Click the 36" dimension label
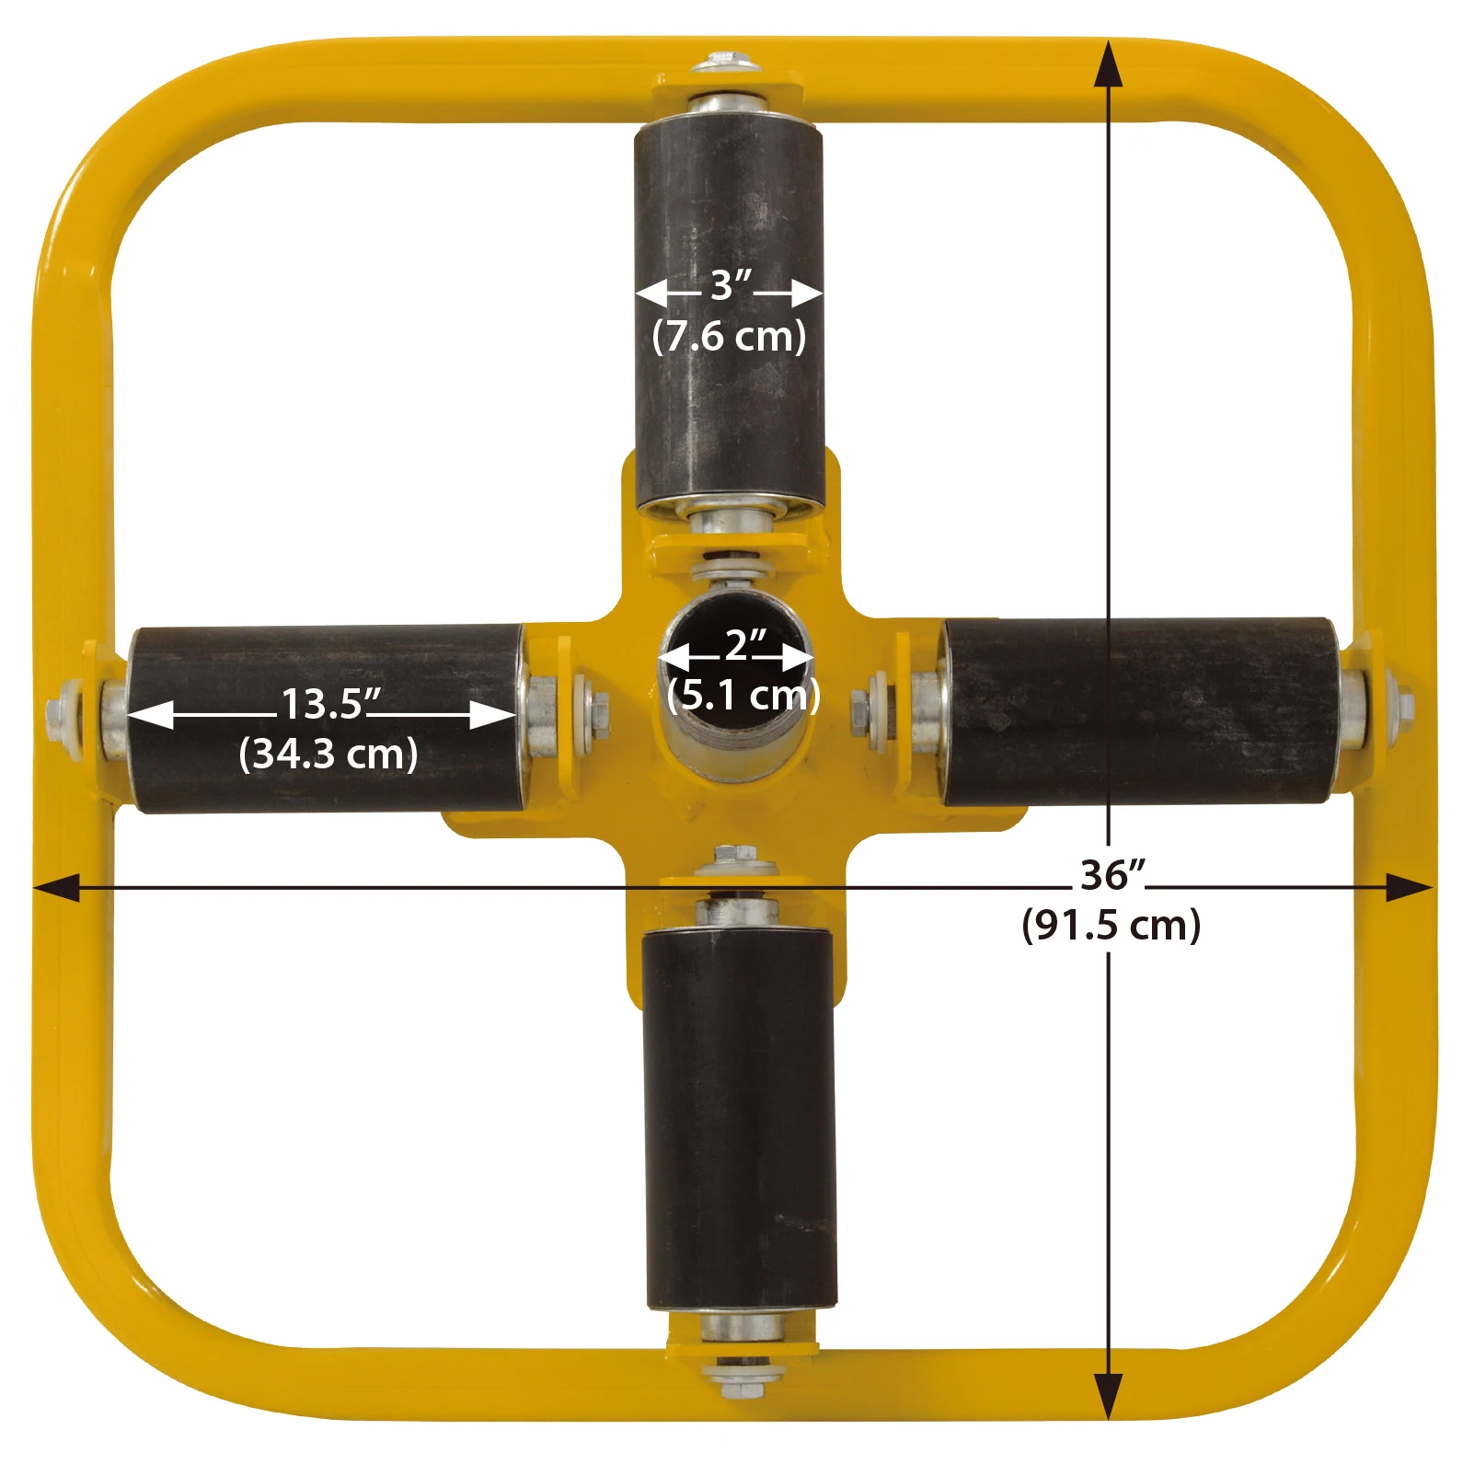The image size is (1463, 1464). pos(1112,876)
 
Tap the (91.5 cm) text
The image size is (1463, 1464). pos(1111,925)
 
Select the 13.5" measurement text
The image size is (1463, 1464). pos(329,705)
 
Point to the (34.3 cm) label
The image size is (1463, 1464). pos(328,755)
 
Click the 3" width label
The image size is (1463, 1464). pos(731,286)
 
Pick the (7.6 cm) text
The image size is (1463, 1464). pos(729,337)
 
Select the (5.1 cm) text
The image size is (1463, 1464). pos(743,695)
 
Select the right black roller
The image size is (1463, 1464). pos(1139,711)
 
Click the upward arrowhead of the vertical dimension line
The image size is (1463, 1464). pos(1109,64)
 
